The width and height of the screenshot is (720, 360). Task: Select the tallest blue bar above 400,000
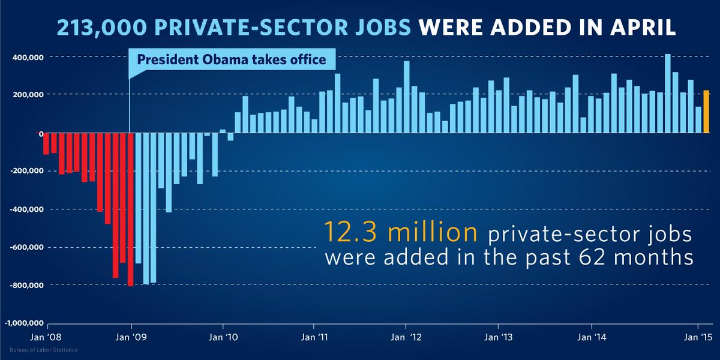668,94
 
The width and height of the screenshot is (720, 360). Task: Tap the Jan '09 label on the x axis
131,337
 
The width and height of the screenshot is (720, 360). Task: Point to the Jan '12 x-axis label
406,337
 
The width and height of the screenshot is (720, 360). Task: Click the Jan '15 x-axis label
698,337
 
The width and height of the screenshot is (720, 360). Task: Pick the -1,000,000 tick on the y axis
23,323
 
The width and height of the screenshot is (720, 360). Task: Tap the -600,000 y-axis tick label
26,247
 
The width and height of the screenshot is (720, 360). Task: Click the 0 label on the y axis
40,133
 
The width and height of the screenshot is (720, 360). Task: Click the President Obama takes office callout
232,59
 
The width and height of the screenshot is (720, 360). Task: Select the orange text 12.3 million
400,232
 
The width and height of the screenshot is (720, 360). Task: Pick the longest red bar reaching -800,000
130,209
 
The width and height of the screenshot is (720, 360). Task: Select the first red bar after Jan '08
46,144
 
